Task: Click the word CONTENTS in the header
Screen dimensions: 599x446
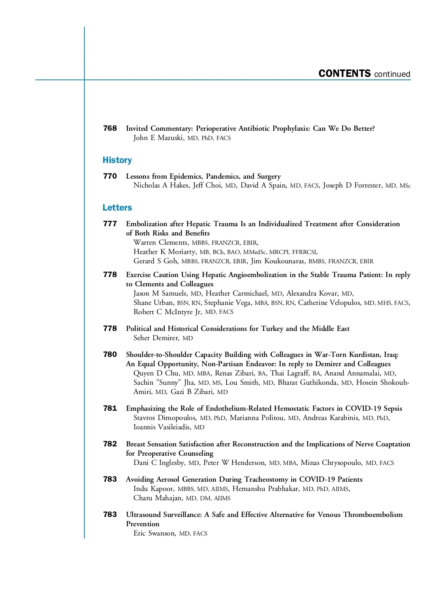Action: click(x=345, y=74)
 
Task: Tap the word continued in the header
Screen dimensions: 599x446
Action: click(x=392, y=74)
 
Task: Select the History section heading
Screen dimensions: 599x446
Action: click(x=117, y=160)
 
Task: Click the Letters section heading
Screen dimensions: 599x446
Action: click(x=117, y=208)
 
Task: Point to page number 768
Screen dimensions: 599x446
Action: click(x=110, y=128)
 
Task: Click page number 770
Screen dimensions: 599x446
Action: click(x=110, y=176)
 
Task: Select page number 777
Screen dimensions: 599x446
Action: click(x=110, y=224)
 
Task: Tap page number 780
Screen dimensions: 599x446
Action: click(x=110, y=355)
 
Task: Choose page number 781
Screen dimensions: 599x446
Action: click(x=110, y=408)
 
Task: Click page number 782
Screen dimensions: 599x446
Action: click(x=110, y=444)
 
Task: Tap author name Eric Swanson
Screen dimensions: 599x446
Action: click(x=154, y=533)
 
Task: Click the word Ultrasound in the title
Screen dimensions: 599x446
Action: click(x=143, y=515)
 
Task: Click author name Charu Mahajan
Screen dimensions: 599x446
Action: click(x=158, y=498)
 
